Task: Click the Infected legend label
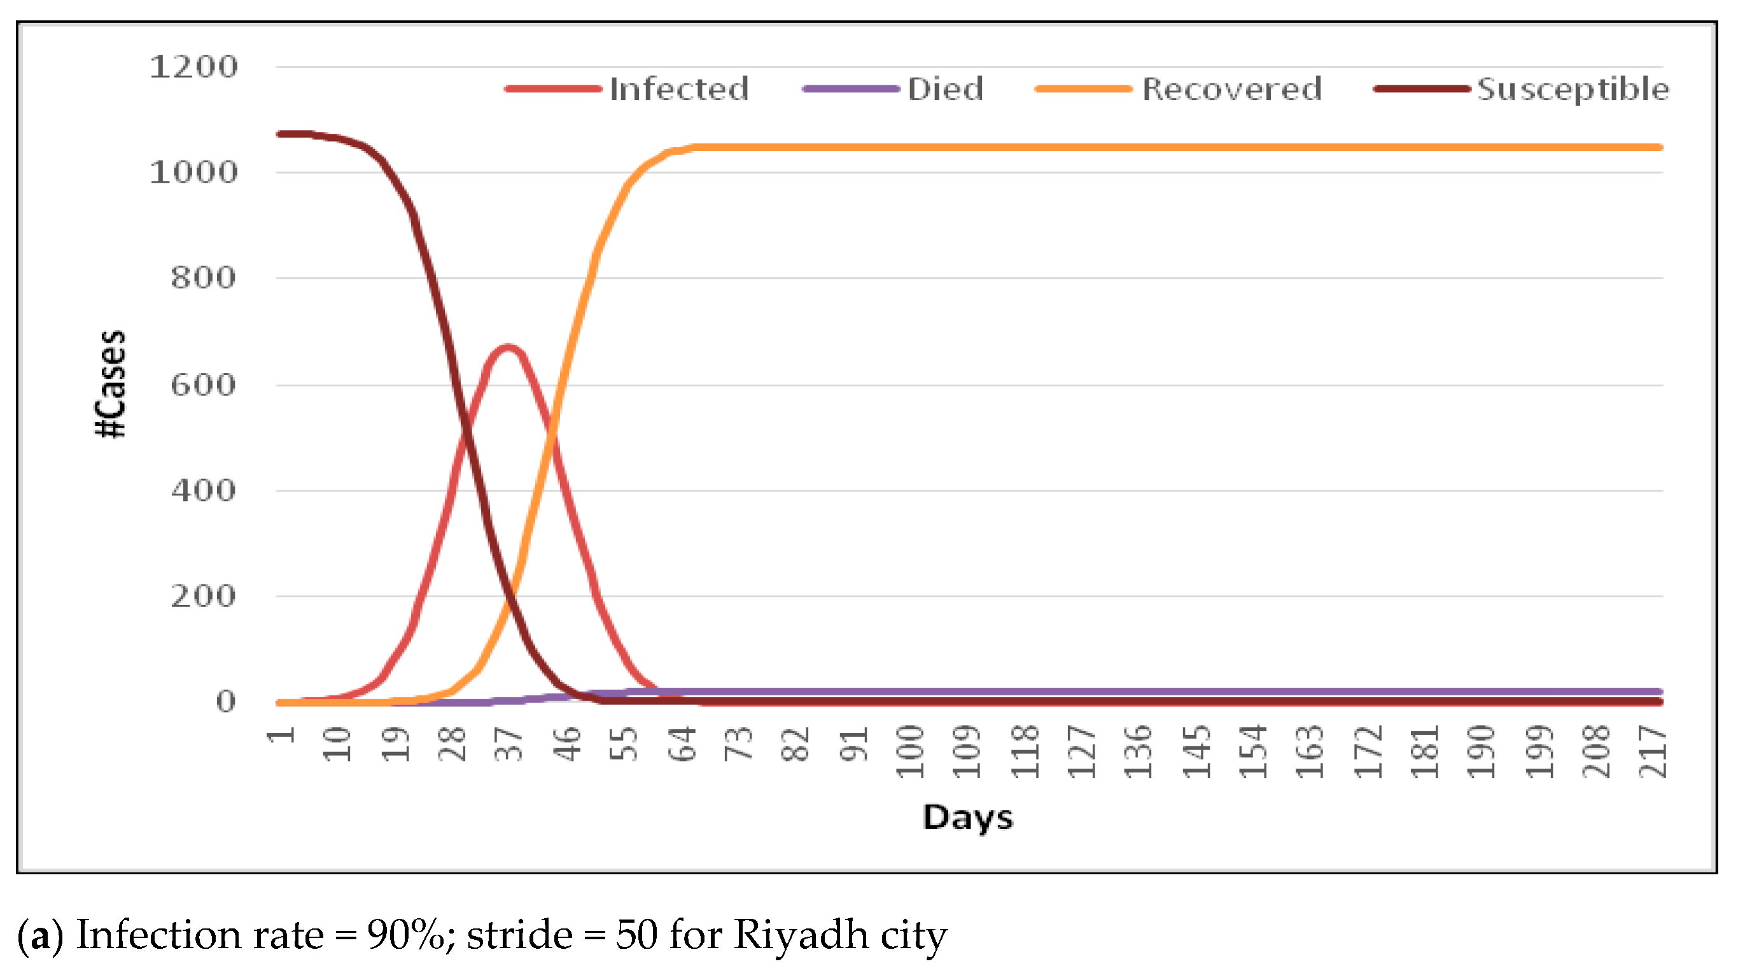click(x=679, y=89)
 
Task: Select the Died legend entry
click(x=944, y=89)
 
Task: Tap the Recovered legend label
click(x=1231, y=89)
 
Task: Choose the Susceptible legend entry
click(x=1572, y=89)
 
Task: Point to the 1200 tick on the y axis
click(x=193, y=67)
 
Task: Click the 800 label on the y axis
click(x=202, y=278)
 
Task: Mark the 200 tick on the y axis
click(x=202, y=596)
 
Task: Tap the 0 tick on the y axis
click(x=225, y=701)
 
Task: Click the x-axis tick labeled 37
click(x=508, y=744)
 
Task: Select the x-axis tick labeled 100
click(x=910, y=751)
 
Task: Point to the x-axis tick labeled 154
click(x=1254, y=751)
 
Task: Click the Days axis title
click(x=967, y=818)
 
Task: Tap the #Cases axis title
click(x=110, y=383)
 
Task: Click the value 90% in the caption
click(x=405, y=935)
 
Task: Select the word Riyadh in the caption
click(x=801, y=936)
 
